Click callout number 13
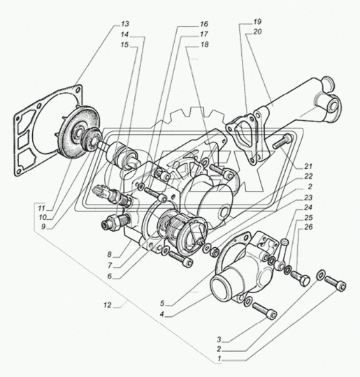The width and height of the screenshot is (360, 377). (125, 24)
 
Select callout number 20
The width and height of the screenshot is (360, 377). (257, 31)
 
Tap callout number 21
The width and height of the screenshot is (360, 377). (308, 166)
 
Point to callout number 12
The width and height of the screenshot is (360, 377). (108, 305)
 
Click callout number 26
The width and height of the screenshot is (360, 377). (308, 227)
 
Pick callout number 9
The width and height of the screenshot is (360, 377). (43, 226)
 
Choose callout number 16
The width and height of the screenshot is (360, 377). (203, 24)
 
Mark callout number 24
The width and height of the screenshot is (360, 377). (308, 207)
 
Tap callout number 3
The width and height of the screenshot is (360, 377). (219, 339)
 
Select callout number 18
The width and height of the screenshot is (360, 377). (204, 45)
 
